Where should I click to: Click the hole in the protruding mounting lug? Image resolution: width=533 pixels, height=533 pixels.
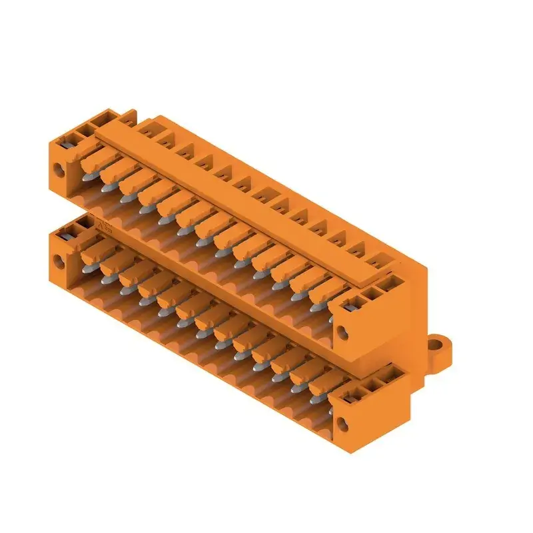tap(440, 345)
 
